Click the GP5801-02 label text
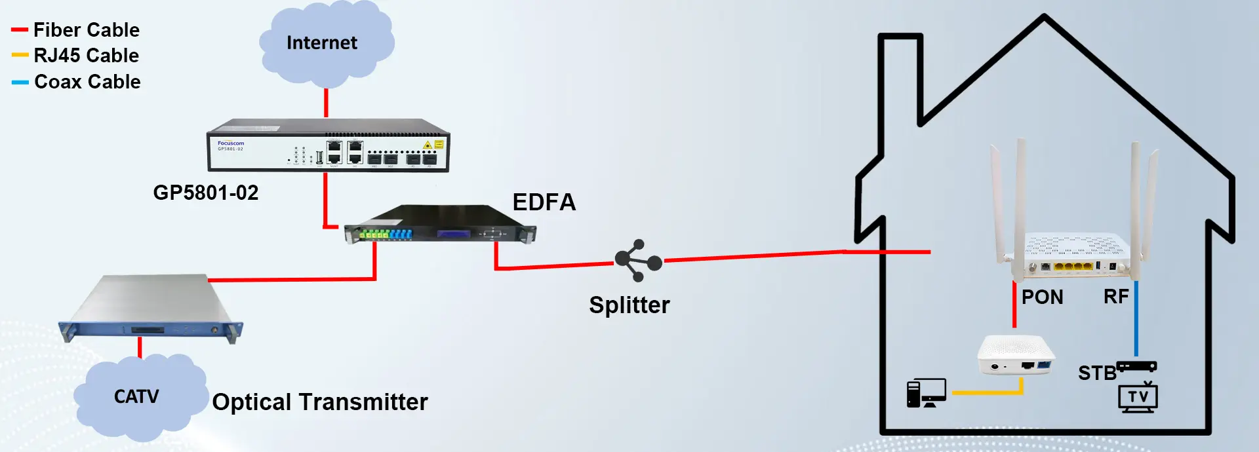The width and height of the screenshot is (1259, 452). coord(206,193)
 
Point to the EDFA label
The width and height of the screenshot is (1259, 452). coord(544,202)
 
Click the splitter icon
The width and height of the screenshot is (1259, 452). coord(637,260)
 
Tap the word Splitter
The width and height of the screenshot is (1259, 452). coord(629,305)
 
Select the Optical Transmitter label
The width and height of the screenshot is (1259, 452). coord(320,402)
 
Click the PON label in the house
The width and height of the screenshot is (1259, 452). coord(1042,297)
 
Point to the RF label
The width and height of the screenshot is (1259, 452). coord(1116,297)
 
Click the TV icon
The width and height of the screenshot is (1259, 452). coord(1138,397)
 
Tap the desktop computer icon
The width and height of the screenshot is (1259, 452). coord(925,393)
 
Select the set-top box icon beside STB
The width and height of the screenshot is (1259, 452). coord(1137,367)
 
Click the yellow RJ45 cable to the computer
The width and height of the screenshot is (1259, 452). coord(986,392)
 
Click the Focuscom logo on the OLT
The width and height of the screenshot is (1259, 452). coord(231,143)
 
